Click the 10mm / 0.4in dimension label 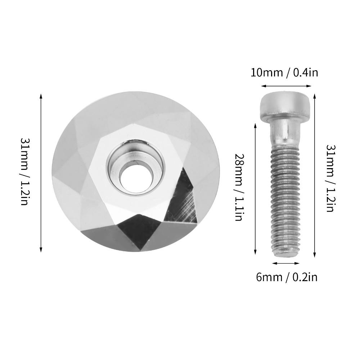[284, 73]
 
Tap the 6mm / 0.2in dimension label [287, 277]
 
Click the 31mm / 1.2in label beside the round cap [24, 171]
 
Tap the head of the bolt [285, 106]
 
